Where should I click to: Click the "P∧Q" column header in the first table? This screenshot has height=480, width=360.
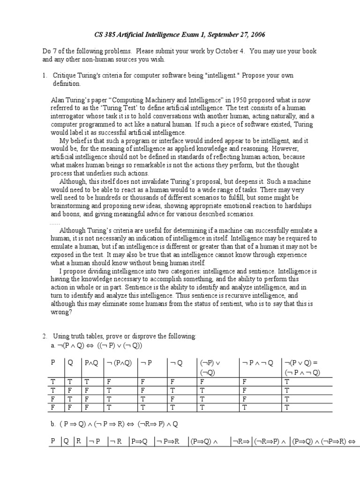tap(91, 362)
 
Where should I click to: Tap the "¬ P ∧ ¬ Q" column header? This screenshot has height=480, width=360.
tap(258, 362)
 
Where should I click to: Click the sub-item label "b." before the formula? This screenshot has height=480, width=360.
tap(53, 423)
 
